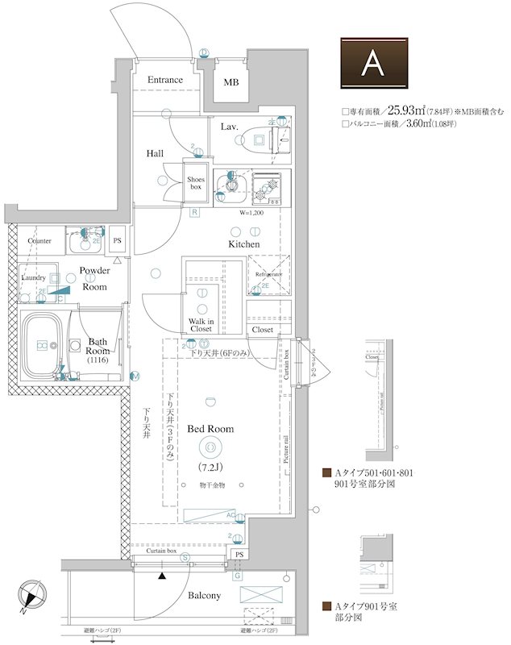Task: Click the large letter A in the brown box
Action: click(x=372, y=62)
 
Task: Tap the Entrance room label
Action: click(x=164, y=80)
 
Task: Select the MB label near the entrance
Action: click(x=231, y=83)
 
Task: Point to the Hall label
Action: click(x=156, y=153)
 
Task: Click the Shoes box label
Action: click(x=196, y=183)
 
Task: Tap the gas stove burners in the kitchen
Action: click(x=264, y=189)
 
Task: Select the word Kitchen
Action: click(x=243, y=243)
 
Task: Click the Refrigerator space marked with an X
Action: click(x=268, y=275)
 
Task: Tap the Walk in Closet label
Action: click(x=201, y=324)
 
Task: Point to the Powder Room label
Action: click(x=94, y=279)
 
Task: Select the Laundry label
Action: click(x=33, y=277)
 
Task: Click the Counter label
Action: click(x=39, y=241)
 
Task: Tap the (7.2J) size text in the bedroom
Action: click(x=210, y=468)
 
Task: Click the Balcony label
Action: click(x=204, y=595)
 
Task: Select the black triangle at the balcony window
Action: click(x=163, y=576)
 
